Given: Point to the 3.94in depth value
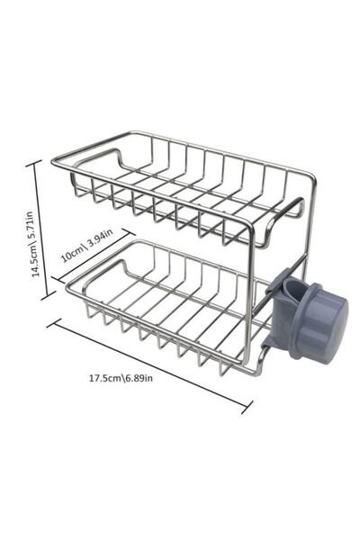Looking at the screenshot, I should pos(97,239).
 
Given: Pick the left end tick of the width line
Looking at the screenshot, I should pos(51,321).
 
